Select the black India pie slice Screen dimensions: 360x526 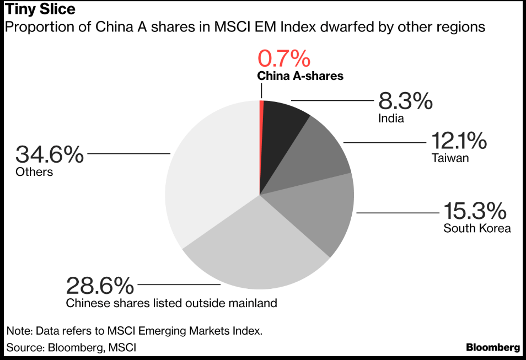click(x=281, y=138)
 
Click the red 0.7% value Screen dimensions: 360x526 click(x=285, y=58)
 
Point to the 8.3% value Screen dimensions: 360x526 click(x=405, y=101)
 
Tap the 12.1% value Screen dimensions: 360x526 click(x=459, y=141)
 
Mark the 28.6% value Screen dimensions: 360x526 click(x=100, y=286)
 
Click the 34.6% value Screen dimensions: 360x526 click(x=50, y=154)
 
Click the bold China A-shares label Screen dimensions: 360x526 click(x=300, y=76)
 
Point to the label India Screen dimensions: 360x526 click(x=391, y=118)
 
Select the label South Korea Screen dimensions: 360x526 click(x=477, y=228)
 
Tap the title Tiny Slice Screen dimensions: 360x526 click(x=40, y=9)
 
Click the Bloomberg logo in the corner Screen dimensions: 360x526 click(x=492, y=347)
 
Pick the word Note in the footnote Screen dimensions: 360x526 click(x=19, y=331)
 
